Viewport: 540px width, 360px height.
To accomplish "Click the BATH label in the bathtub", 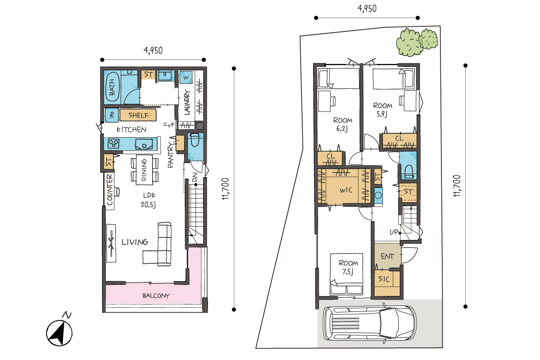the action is pyautogui.click(x=112, y=87).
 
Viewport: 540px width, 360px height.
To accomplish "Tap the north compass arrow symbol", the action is pyautogui.click(x=59, y=332).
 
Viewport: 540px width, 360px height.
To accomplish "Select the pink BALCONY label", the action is pyautogui.click(x=156, y=296).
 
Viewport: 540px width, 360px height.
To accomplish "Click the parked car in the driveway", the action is pyautogui.click(x=370, y=323).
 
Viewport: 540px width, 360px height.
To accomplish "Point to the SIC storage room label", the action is pyautogui.click(x=384, y=279).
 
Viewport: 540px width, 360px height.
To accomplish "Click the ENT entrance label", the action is pyautogui.click(x=387, y=256).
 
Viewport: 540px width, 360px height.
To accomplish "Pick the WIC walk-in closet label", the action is pyautogui.click(x=346, y=190).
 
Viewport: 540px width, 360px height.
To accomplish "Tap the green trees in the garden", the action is pyautogui.click(x=417, y=42).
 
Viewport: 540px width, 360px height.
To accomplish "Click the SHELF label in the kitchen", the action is pyautogui.click(x=138, y=115).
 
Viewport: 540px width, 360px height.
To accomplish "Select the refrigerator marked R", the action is pyautogui.click(x=111, y=115).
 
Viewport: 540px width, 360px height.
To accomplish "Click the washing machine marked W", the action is pyautogui.click(x=186, y=77).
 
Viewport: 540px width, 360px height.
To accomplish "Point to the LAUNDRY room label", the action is pyautogui.click(x=187, y=102).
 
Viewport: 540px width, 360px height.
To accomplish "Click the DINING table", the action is pyautogui.click(x=144, y=169).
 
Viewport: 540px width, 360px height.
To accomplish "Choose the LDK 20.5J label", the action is pyautogui.click(x=149, y=200).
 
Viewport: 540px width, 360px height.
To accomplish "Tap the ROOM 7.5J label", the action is pyautogui.click(x=348, y=267).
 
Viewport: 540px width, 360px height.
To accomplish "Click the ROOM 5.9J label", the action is pyautogui.click(x=382, y=110).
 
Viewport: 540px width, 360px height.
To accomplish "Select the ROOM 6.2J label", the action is pyautogui.click(x=342, y=124).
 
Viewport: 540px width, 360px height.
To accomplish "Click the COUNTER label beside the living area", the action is pyautogui.click(x=109, y=189).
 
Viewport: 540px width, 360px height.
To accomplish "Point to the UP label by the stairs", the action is pyautogui.click(x=394, y=232).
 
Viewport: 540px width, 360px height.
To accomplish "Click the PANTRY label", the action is pyautogui.click(x=170, y=156).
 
